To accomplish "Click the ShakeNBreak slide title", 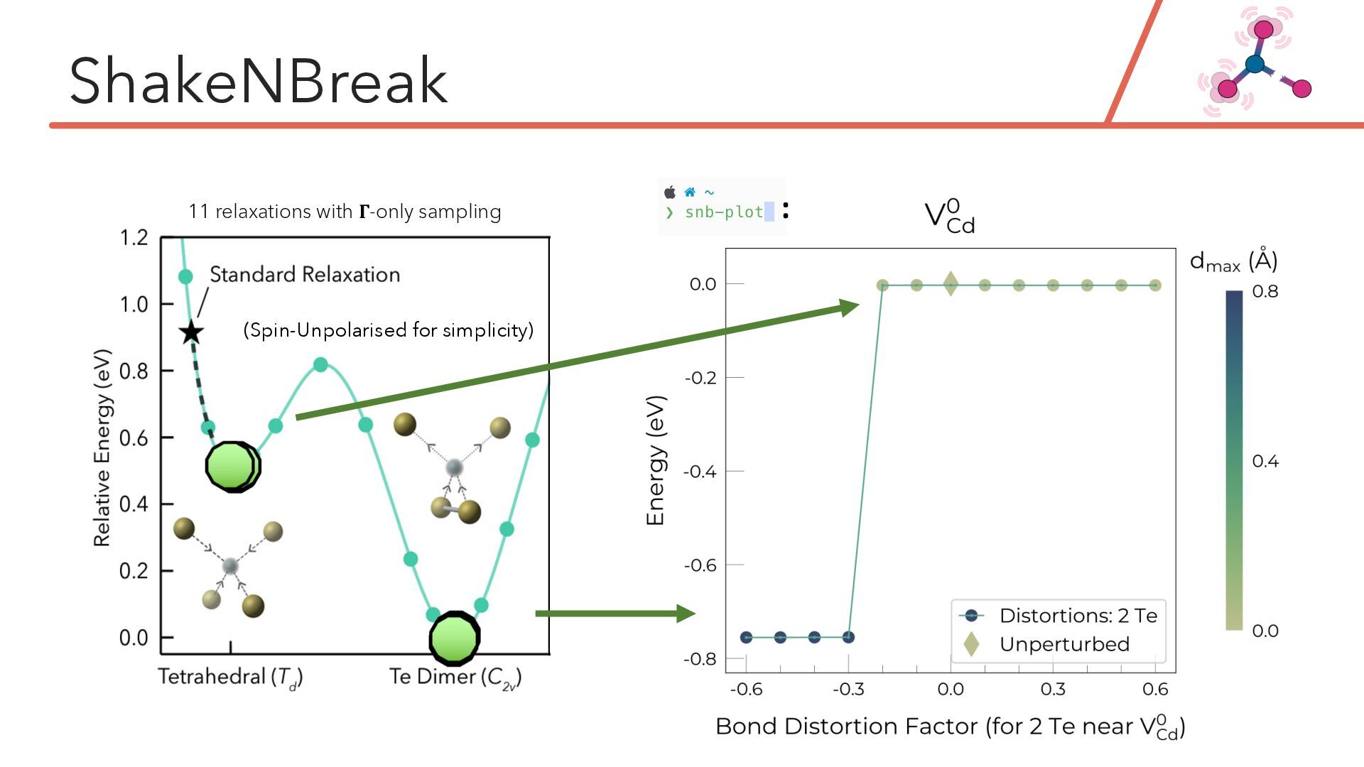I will (259, 81).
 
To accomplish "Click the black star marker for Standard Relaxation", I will (191, 332).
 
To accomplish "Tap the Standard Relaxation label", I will (305, 275).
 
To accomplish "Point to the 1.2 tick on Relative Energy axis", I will (134, 237).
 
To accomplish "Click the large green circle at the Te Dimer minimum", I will (455, 638).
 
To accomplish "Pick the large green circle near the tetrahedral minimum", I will (232, 466).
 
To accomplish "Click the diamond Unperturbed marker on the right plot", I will (951, 285).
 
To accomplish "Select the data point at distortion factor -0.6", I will (746, 637).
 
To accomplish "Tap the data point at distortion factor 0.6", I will (1155, 285).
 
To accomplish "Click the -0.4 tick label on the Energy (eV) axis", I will (700, 472).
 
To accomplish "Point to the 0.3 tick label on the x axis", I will (1053, 689).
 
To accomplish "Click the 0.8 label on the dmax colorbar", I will (1265, 292).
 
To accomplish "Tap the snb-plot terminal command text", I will (723, 212).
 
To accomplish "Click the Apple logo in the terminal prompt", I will (670, 192).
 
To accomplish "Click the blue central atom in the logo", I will (1255, 64).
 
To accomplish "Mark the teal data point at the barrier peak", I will (320, 364).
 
